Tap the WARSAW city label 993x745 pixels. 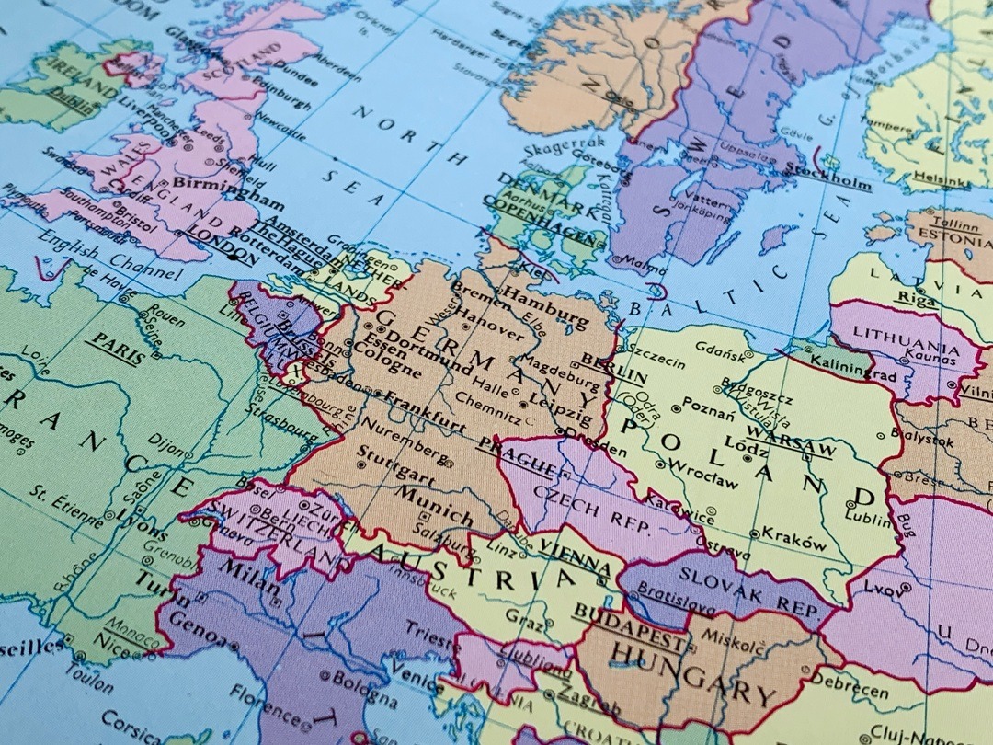[x=790, y=441]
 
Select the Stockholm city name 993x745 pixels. [x=828, y=177]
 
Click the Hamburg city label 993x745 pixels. [x=545, y=307]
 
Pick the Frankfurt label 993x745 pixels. [x=424, y=410]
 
